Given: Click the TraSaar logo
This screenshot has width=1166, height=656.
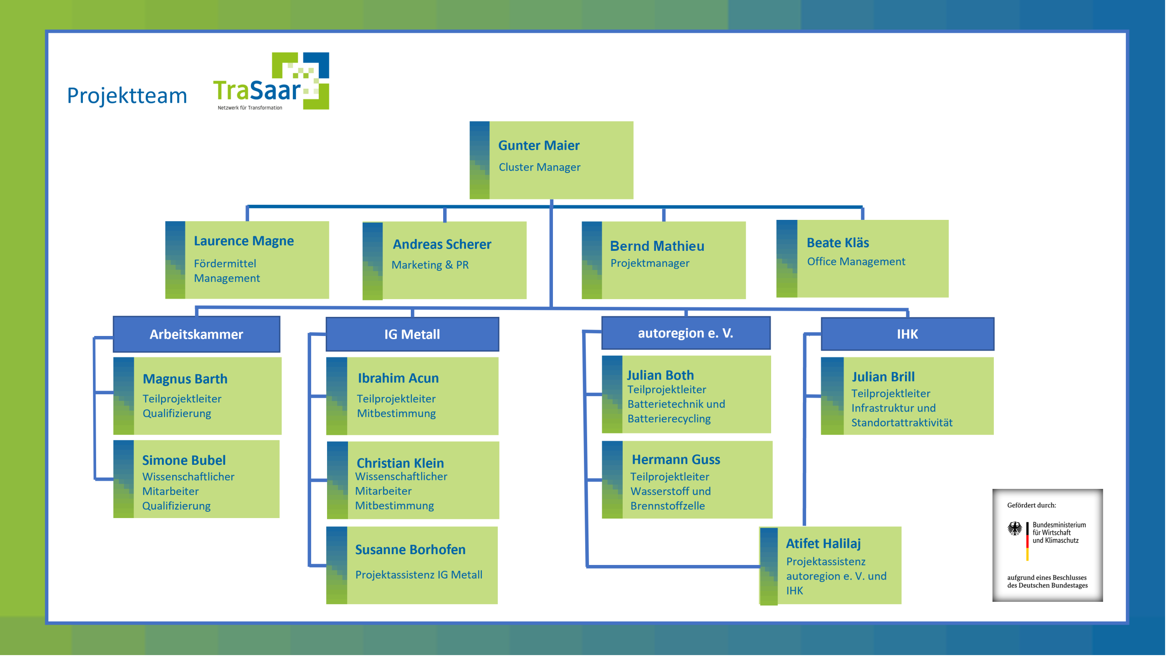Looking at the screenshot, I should click(x=271, y=82).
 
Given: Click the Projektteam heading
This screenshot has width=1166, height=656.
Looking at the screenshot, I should click(x=127, y=96).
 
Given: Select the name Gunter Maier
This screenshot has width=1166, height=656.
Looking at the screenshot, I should click(x=539, y=145).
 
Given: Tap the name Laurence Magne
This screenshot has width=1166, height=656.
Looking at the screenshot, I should click(x=244, y=241).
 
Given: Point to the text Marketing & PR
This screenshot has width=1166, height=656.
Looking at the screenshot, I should click(x=430, y=265).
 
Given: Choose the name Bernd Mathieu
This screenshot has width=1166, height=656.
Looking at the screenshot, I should click(x=657, y=246).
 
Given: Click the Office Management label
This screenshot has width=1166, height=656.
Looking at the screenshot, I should click(x=856, y=262).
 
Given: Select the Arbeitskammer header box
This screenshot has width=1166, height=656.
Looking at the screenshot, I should click(x=196, y=334).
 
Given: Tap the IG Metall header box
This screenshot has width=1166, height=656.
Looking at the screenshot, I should click(x=412, y=334).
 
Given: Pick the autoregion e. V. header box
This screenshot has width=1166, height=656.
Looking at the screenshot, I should click(x=685, y=333).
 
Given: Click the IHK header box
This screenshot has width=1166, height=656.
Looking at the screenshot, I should click(x=907, y=334).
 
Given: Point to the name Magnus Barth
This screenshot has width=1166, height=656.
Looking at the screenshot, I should click(x=185, y=379).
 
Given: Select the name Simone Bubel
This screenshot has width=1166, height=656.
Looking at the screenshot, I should click(x=184, y=460).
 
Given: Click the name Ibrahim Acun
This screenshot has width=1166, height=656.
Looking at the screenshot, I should click(x=398, y=378).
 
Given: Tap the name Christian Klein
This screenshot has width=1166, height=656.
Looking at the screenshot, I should click(x=400, y=463).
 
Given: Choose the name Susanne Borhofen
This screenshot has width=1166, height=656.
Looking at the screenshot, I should click(x=410, y=549).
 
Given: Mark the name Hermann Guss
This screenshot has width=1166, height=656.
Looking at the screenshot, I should click(x=676, y=459).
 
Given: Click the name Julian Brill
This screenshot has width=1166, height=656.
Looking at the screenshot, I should click(x=883, y=376).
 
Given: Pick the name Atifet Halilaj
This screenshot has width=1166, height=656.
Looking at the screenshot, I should click(x=823, y=543).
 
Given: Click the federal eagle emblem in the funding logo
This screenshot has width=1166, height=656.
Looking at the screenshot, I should click(x=1014, y=529).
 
